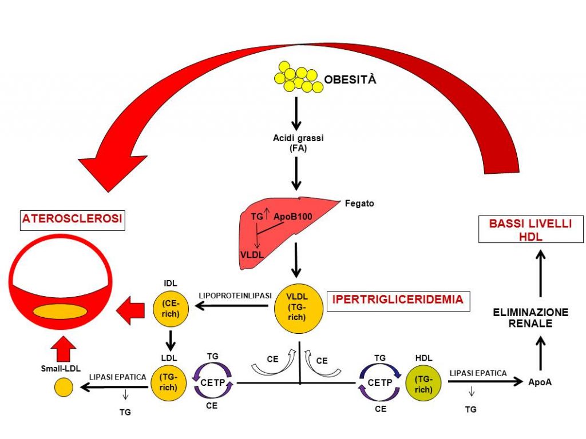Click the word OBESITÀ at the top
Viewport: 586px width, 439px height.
pos(351,79)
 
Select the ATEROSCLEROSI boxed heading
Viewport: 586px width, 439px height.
pos(73,219)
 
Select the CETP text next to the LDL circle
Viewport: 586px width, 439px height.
pos(213,383)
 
